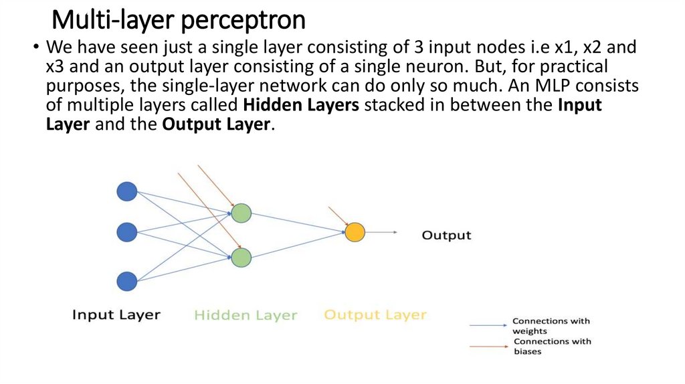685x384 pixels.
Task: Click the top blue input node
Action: [x=126, y=192]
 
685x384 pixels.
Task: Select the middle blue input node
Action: [x=126, y=232]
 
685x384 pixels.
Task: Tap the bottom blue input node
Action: [x=126, y=281]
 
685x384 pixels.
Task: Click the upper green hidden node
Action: [x=241, y=213]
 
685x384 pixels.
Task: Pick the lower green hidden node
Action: [x=241, y=258]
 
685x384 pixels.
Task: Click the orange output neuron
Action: [x=355, y=232]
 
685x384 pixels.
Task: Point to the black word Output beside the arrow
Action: [x=446, y=235]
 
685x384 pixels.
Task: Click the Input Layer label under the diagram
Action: [x=116, y=315]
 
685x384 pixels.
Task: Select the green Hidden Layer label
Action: [x=246, y=315]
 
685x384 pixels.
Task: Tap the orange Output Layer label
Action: [x=375, y=315]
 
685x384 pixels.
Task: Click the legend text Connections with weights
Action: [x=551, y=326]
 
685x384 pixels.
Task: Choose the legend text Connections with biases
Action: [x=552, y=347]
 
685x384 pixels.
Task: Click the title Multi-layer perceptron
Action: [x=179, y=19]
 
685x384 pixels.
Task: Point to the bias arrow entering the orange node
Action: [x=338, y=216]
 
